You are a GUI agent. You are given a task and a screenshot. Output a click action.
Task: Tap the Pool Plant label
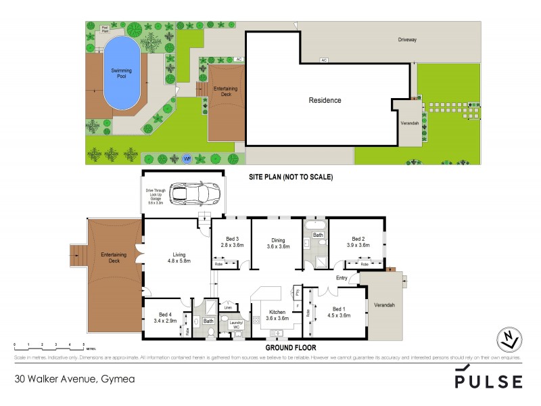click(105, 29)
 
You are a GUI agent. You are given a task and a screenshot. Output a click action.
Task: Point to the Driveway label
click(407, 40)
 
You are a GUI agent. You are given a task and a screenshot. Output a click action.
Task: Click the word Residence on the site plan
click(325, 100)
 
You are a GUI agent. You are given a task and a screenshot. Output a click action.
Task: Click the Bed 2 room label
click(358, 242)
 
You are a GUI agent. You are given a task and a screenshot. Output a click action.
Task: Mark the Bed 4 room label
click(166, 317)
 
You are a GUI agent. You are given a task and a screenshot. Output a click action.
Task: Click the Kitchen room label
click(277, 314)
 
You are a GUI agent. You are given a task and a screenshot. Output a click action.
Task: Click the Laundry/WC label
click(236, 325)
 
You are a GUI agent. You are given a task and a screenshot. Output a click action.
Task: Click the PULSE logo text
click(488, 381)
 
